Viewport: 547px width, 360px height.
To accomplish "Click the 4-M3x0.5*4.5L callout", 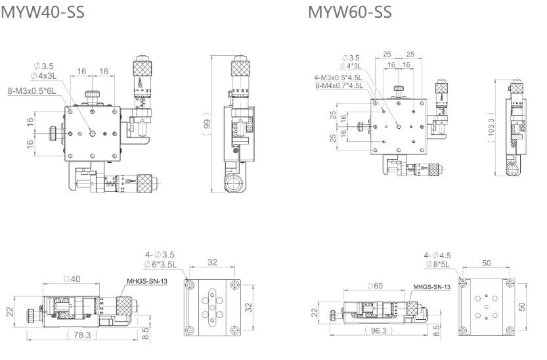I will pyautogui.click(x=338, y=78).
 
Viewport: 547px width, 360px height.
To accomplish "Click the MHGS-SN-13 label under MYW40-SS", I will pyautogui.click(x=145, y=281).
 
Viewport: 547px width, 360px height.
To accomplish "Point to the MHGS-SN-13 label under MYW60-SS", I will pyautogui.click(x=431, y=287).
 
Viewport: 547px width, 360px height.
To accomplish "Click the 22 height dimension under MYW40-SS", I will pyautogui.click(x=10, y=311).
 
